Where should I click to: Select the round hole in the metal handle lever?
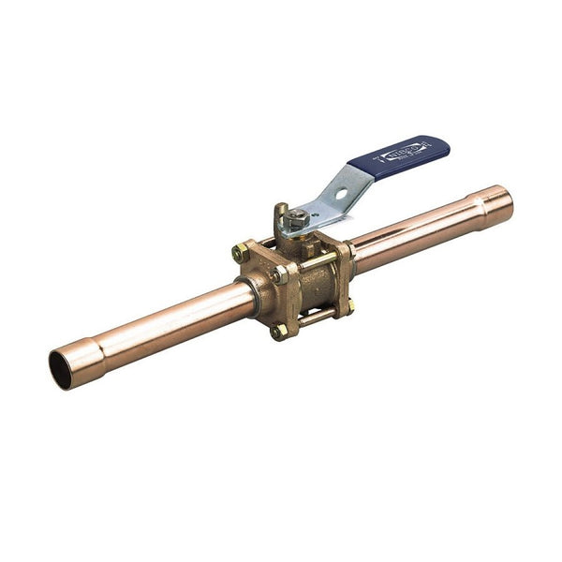pos(343,195)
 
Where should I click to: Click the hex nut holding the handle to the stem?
pos(298,220)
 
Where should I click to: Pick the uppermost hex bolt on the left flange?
pos(241,253)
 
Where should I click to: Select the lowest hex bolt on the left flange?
pos(279,331)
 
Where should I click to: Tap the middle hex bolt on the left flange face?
pos(280,275)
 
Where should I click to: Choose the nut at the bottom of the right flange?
pos(348,306)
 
